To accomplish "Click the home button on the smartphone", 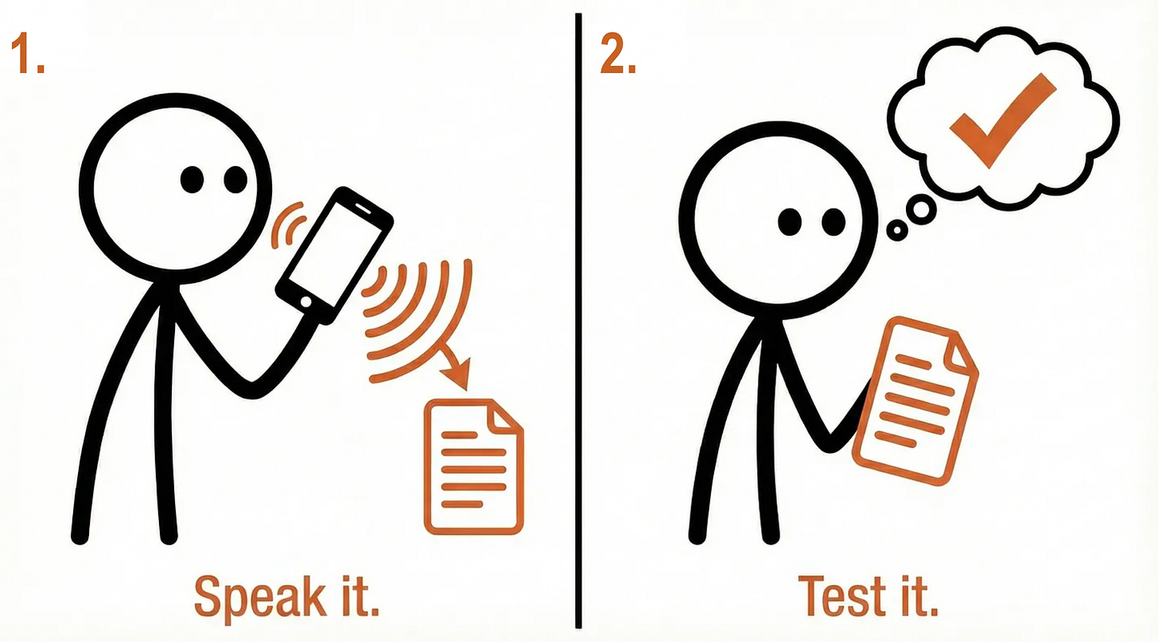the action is point(305,302).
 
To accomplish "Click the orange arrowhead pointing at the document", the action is point(457,372).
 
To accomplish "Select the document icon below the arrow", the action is point(473,466).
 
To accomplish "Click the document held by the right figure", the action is point(915,400).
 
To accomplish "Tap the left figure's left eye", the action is point(192,180).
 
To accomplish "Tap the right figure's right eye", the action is point(834,222).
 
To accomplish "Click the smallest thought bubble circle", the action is point(897,230).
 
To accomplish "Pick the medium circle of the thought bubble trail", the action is point(921,210).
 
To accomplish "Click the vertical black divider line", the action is point(578,321).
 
